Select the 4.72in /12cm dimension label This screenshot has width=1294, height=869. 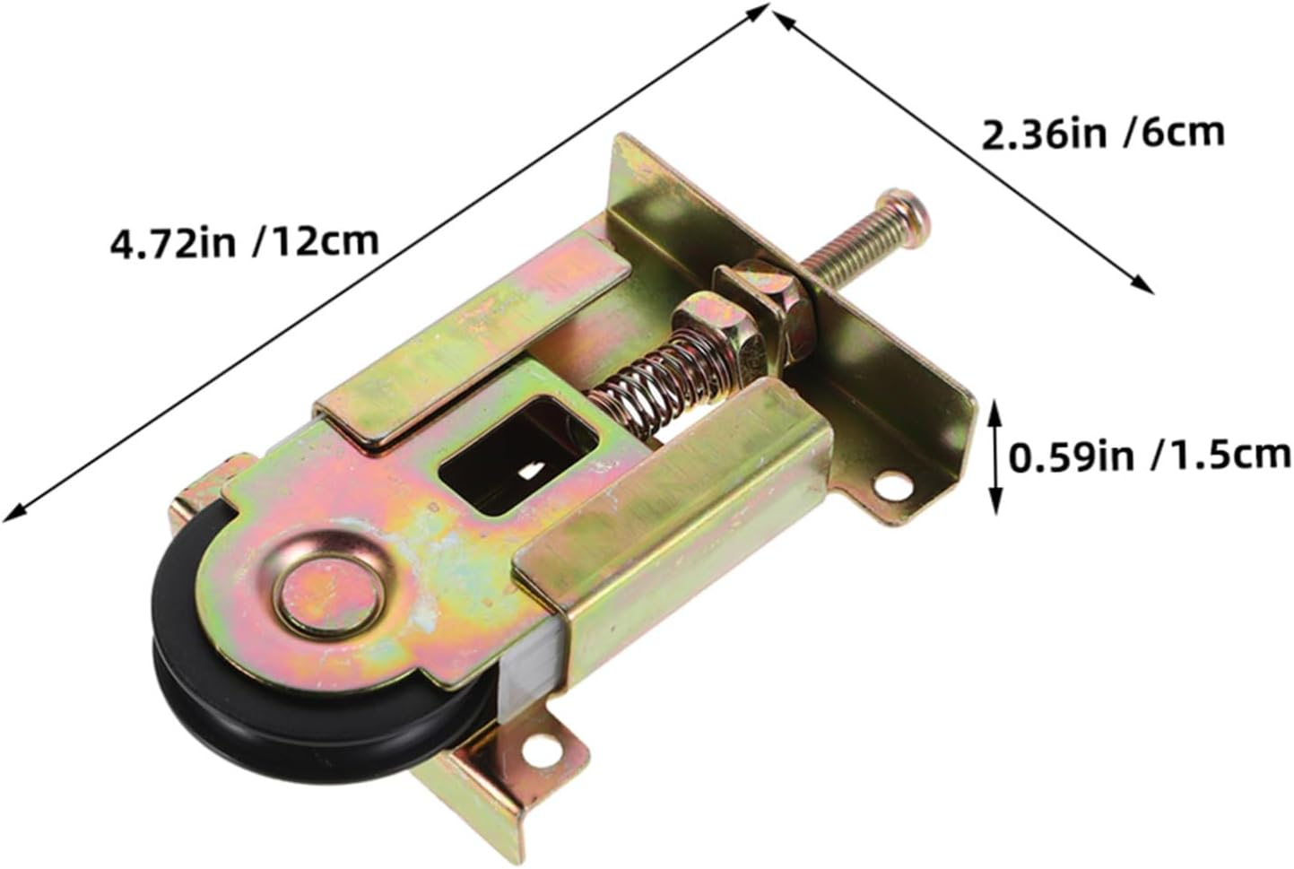pyautogui.click(x=243, y=243)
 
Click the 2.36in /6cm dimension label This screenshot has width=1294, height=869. pyautogui.click(x=1103, y=135)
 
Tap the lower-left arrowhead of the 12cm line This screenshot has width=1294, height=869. pyautogui.click(x=13, y=513)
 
